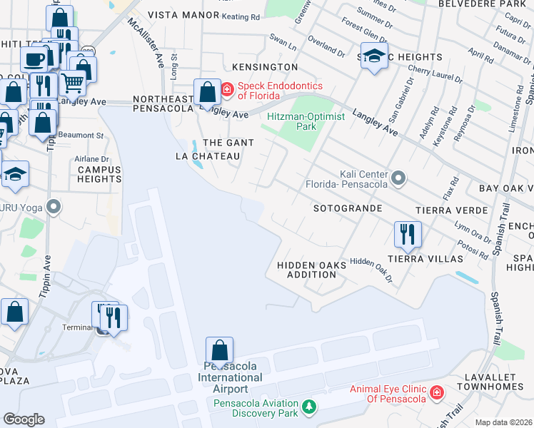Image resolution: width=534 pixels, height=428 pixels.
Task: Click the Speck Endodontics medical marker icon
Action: pyautogui.click(x=227, y=90)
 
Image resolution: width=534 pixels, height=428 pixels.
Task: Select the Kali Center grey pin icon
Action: pyautogui.click(x=398, y=177)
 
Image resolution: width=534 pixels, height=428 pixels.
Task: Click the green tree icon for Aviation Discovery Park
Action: pyautogui.click(x=308, y=407)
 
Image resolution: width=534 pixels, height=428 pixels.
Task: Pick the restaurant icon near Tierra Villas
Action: pyautogui.click(x=408, y=233)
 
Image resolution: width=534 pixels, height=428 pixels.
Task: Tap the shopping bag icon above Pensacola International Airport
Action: pyautogui.click(x=219, y=350)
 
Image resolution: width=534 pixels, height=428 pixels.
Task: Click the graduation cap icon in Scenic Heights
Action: pyautogui.click(x=374, y=56)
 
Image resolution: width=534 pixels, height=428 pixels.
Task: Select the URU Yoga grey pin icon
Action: pyautogui.click(x=53, y=208)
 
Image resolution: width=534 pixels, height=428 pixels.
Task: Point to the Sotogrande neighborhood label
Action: pyautogui.click(x=348, y=208)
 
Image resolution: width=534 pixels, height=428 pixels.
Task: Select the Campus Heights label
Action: pyautogui.click(x=99, y=174)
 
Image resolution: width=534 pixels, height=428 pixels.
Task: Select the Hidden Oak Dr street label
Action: pyautogui.click(x=373, y=269)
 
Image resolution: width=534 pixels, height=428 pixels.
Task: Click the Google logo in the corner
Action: pyautogui.click(x=24, y=419)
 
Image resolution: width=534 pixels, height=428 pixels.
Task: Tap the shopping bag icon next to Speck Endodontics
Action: pyautogui.click(x=207, y=92)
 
